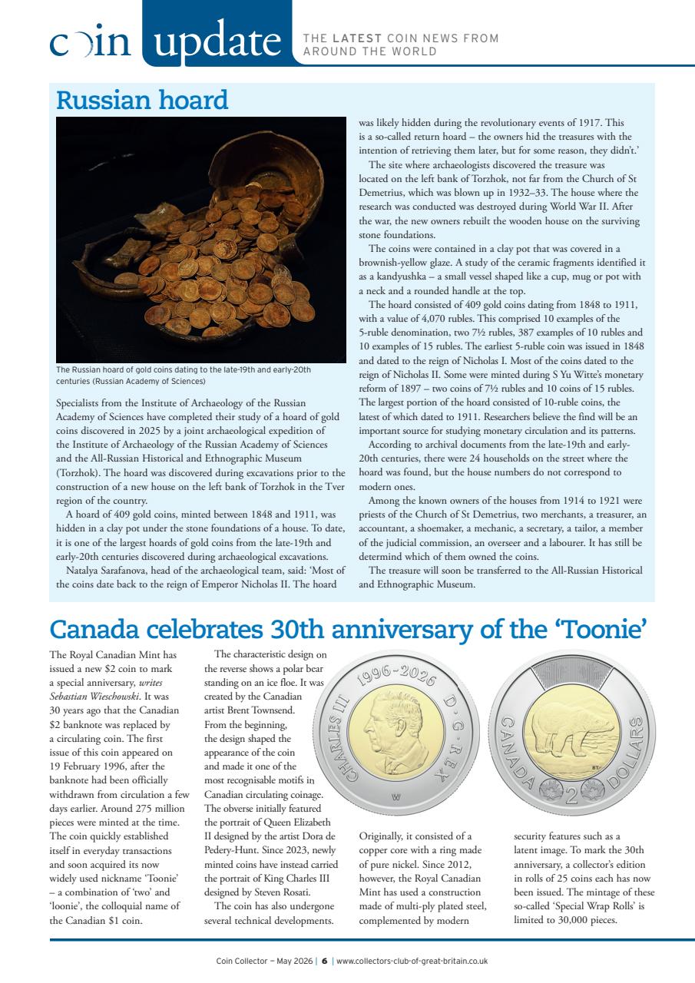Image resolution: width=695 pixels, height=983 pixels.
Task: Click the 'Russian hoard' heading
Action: (142, 101)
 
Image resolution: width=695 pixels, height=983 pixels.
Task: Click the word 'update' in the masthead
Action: (216, 41)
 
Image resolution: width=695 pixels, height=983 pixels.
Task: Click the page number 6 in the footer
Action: (325, 961)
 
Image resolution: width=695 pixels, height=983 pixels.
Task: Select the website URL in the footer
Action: (412, 961)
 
